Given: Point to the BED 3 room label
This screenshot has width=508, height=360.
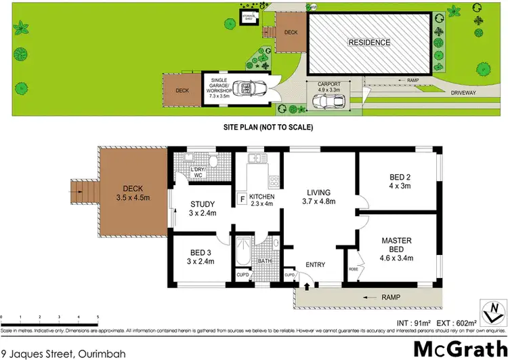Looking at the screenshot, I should click(x=200, y=256).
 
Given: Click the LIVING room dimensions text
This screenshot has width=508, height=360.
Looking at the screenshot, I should click(x=318, y=201).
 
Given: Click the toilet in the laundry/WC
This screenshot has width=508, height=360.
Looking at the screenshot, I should click(x=212, y=161).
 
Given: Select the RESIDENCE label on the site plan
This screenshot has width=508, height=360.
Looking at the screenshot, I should click(x=369, y=42).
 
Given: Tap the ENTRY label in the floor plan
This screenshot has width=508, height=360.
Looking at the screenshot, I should click(x=316, y=264).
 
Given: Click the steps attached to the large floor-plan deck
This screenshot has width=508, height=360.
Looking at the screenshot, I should click(x=80, y=192).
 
